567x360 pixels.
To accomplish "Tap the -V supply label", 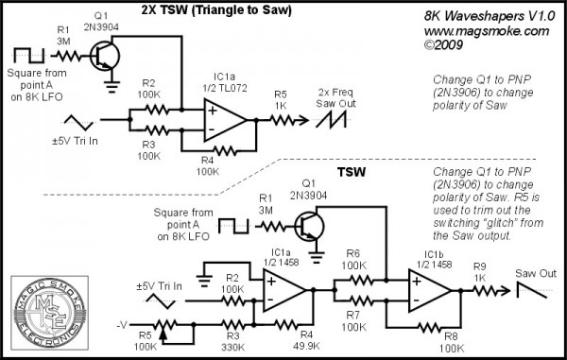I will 121,321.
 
